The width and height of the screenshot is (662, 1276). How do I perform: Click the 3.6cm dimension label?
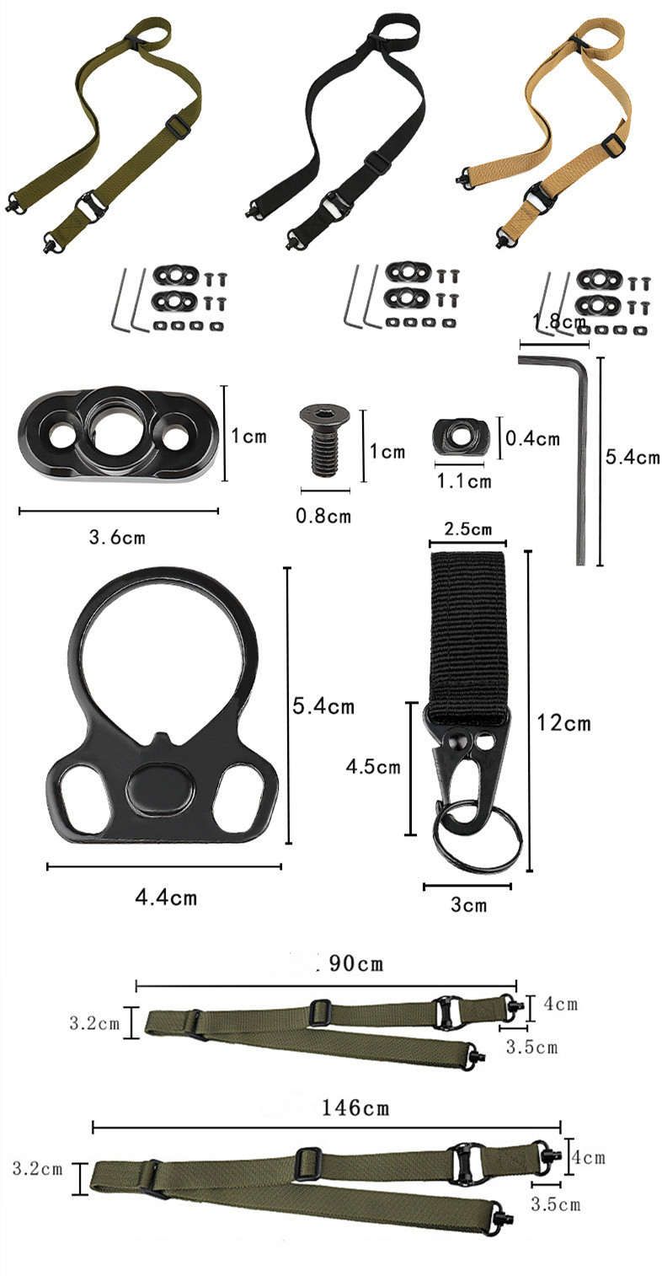point(117,537)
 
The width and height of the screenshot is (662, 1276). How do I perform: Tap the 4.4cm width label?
point(166,898)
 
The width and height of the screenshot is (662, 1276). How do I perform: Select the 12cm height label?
point(564,723)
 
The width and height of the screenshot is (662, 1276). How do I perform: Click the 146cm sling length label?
point(355,1108)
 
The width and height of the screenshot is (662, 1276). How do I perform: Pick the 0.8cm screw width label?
point(323,516)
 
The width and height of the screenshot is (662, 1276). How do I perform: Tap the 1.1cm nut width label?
point(464,481)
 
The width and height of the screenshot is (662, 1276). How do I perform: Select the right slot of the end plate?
point(240,792)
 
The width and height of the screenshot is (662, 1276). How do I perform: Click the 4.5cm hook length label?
point(373,767)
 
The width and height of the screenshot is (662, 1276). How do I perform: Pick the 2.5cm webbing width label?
point(468,529)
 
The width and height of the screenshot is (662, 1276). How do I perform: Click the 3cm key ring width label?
point(468,904)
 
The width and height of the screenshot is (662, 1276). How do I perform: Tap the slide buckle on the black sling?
point(379,161)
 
